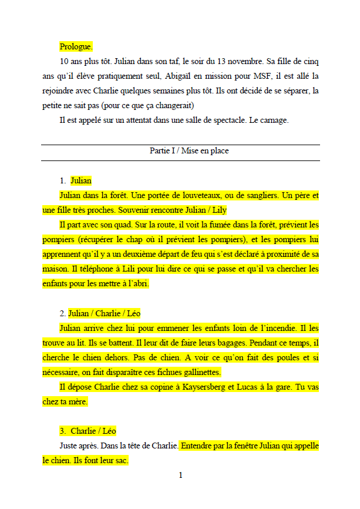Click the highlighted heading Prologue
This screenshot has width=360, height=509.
coord(76,46)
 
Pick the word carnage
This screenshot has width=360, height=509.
coord(271,120)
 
